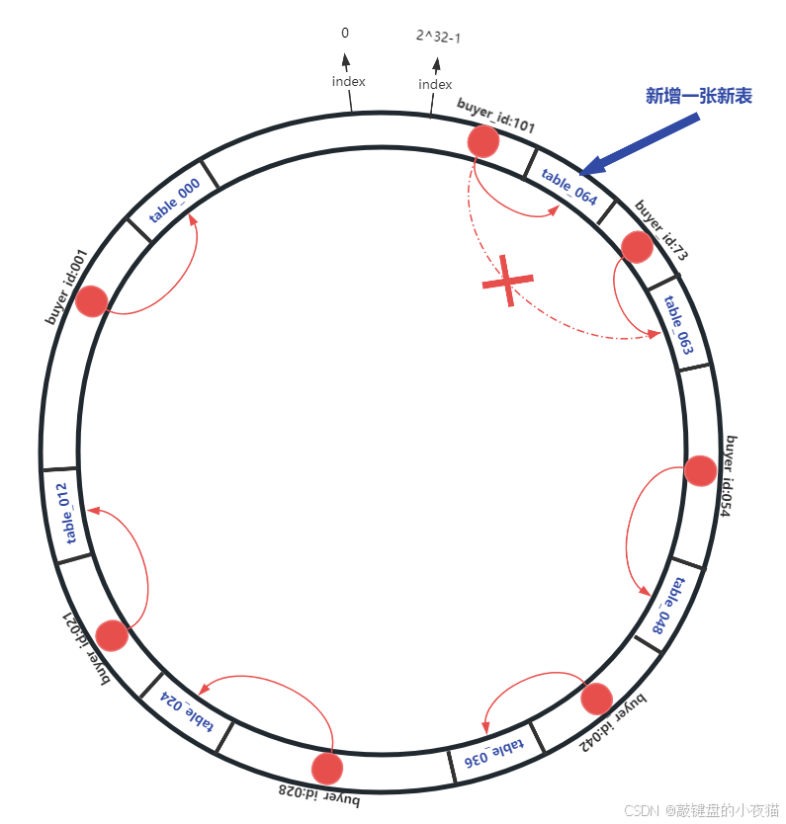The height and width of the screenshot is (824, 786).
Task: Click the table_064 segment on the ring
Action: [569, 187]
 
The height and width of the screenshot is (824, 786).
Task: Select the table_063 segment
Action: [677, 324]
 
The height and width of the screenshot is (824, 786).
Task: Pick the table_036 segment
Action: [490, 752]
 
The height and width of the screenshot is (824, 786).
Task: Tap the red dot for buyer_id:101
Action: [483, 141]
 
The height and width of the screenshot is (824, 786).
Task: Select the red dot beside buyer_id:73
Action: [636, 247]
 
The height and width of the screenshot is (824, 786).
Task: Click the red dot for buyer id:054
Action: [700, 471]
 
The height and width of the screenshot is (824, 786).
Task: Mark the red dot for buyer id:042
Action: [597, 699]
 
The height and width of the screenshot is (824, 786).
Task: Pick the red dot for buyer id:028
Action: [326, 768]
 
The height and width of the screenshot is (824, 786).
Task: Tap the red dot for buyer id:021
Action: [113, 635]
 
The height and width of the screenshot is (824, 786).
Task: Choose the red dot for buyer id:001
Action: [91, 301]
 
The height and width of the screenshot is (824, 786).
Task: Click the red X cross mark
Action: [507, 282]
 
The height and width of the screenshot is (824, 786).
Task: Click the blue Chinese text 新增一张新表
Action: [698, 96]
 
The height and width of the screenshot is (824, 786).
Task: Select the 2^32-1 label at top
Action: [437, 38]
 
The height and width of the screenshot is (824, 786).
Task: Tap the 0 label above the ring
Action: [345, 33]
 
